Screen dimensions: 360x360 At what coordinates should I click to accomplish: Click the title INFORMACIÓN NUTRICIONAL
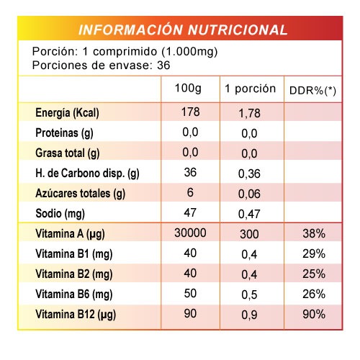pos(183,30)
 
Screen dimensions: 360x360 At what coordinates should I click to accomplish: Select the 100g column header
pos(188,89)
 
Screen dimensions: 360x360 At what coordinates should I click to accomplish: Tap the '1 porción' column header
pos(250,89)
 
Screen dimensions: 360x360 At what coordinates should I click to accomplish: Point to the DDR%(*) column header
pos(312,91)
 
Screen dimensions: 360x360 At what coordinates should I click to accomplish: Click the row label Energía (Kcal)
pos(67,113)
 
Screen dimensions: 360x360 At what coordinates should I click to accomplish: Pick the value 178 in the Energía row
pos(190,112)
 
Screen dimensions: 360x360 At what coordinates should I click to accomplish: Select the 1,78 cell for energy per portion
pos(249,113)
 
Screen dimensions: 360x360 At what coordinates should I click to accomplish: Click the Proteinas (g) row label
pos(64,133)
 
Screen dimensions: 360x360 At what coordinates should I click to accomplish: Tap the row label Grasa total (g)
pos(68,153)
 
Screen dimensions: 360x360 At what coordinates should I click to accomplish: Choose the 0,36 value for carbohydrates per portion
pos(249,174)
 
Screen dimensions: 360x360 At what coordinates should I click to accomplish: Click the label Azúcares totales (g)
pos(81,194)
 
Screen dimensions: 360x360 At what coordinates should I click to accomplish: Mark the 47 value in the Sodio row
pos(190,212)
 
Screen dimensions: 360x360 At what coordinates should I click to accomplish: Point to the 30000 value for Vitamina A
pos(190,233)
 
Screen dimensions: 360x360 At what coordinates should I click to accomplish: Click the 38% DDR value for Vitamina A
pos(314,233)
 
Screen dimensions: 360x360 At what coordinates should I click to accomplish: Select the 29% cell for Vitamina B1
pos(314,253)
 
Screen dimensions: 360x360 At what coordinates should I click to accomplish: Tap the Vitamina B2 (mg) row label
pos(74,274)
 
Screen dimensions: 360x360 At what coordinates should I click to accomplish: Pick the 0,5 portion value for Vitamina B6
pos(249,294)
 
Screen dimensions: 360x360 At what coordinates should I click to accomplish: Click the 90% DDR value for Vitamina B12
pos(314,314)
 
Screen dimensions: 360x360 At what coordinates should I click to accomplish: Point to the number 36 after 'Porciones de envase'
pos(163,66)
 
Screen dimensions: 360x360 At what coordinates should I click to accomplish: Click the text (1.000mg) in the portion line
pos(189,52)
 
